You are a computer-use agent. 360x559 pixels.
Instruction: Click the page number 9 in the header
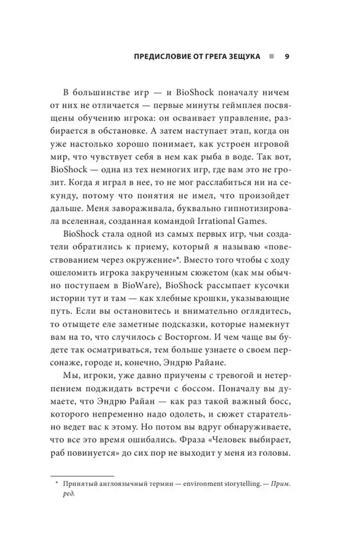pyautogui.click(x=287, y=57)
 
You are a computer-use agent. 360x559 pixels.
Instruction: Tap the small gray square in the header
pyautogui.click(x=271, y=57)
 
